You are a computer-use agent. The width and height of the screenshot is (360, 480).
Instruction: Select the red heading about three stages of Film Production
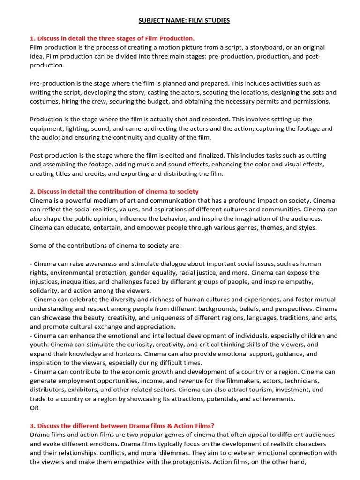click(112, 38)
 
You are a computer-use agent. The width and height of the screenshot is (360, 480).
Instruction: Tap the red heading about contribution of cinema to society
click(114, 191)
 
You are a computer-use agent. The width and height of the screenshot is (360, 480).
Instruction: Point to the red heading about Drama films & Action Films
click(122, 426)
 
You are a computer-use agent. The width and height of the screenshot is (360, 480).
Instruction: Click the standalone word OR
click(34, 408)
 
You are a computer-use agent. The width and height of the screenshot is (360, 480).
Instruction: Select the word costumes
click(44, 101)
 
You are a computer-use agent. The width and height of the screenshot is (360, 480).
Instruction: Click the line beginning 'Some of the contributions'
click(98, 246)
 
